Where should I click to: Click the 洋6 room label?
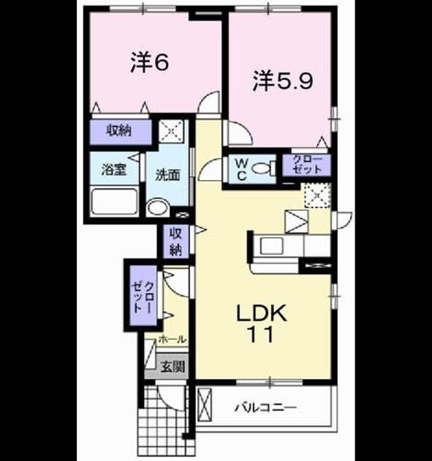point(149,62)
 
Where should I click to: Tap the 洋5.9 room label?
point(283,80)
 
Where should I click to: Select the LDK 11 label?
point(262,323)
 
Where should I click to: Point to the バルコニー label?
point(266,408)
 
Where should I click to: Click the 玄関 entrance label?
point(173,367)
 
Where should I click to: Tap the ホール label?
point(172,340)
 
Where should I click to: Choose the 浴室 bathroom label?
point(114,169)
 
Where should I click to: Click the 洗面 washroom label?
point(167,175)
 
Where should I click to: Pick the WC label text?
point(242,169)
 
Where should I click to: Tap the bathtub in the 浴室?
point(115,202)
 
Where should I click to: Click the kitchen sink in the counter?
point(271,245)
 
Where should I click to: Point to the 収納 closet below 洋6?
point(121,132)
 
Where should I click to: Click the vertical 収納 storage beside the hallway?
point(175,241)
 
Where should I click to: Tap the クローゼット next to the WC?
point(306,165)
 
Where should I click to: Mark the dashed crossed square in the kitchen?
point(317,195)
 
